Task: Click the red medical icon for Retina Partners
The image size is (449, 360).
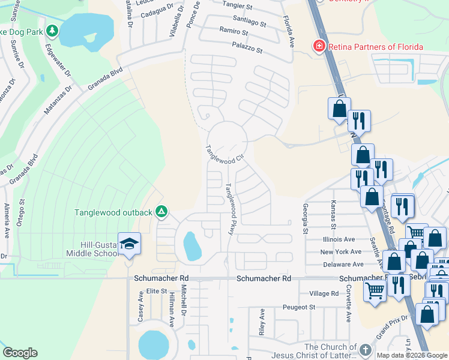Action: tap(319, 46)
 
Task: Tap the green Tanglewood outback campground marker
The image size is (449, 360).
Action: tap(161, 212)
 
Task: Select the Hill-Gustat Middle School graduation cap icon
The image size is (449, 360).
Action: tap(129, 243)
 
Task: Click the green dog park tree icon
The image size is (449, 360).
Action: tap(52, 30)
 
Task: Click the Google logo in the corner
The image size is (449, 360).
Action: tap(20, 353)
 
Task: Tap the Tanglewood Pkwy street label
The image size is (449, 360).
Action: tap(230, 208)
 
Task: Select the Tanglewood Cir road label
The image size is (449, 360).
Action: tap(224, 155)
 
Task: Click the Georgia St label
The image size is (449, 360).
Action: tap(305, 218)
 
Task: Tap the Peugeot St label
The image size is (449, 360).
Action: tap(299, 307)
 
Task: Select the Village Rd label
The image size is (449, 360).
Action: tap(324, 293)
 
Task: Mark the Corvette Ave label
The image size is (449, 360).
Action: tap(348, 304)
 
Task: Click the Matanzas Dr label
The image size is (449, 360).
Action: tap(58, 100)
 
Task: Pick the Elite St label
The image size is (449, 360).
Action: tap(152, 290)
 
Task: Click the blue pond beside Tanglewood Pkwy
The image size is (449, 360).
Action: tap(192, 245)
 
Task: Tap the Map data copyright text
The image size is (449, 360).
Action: tap(412, 355)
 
